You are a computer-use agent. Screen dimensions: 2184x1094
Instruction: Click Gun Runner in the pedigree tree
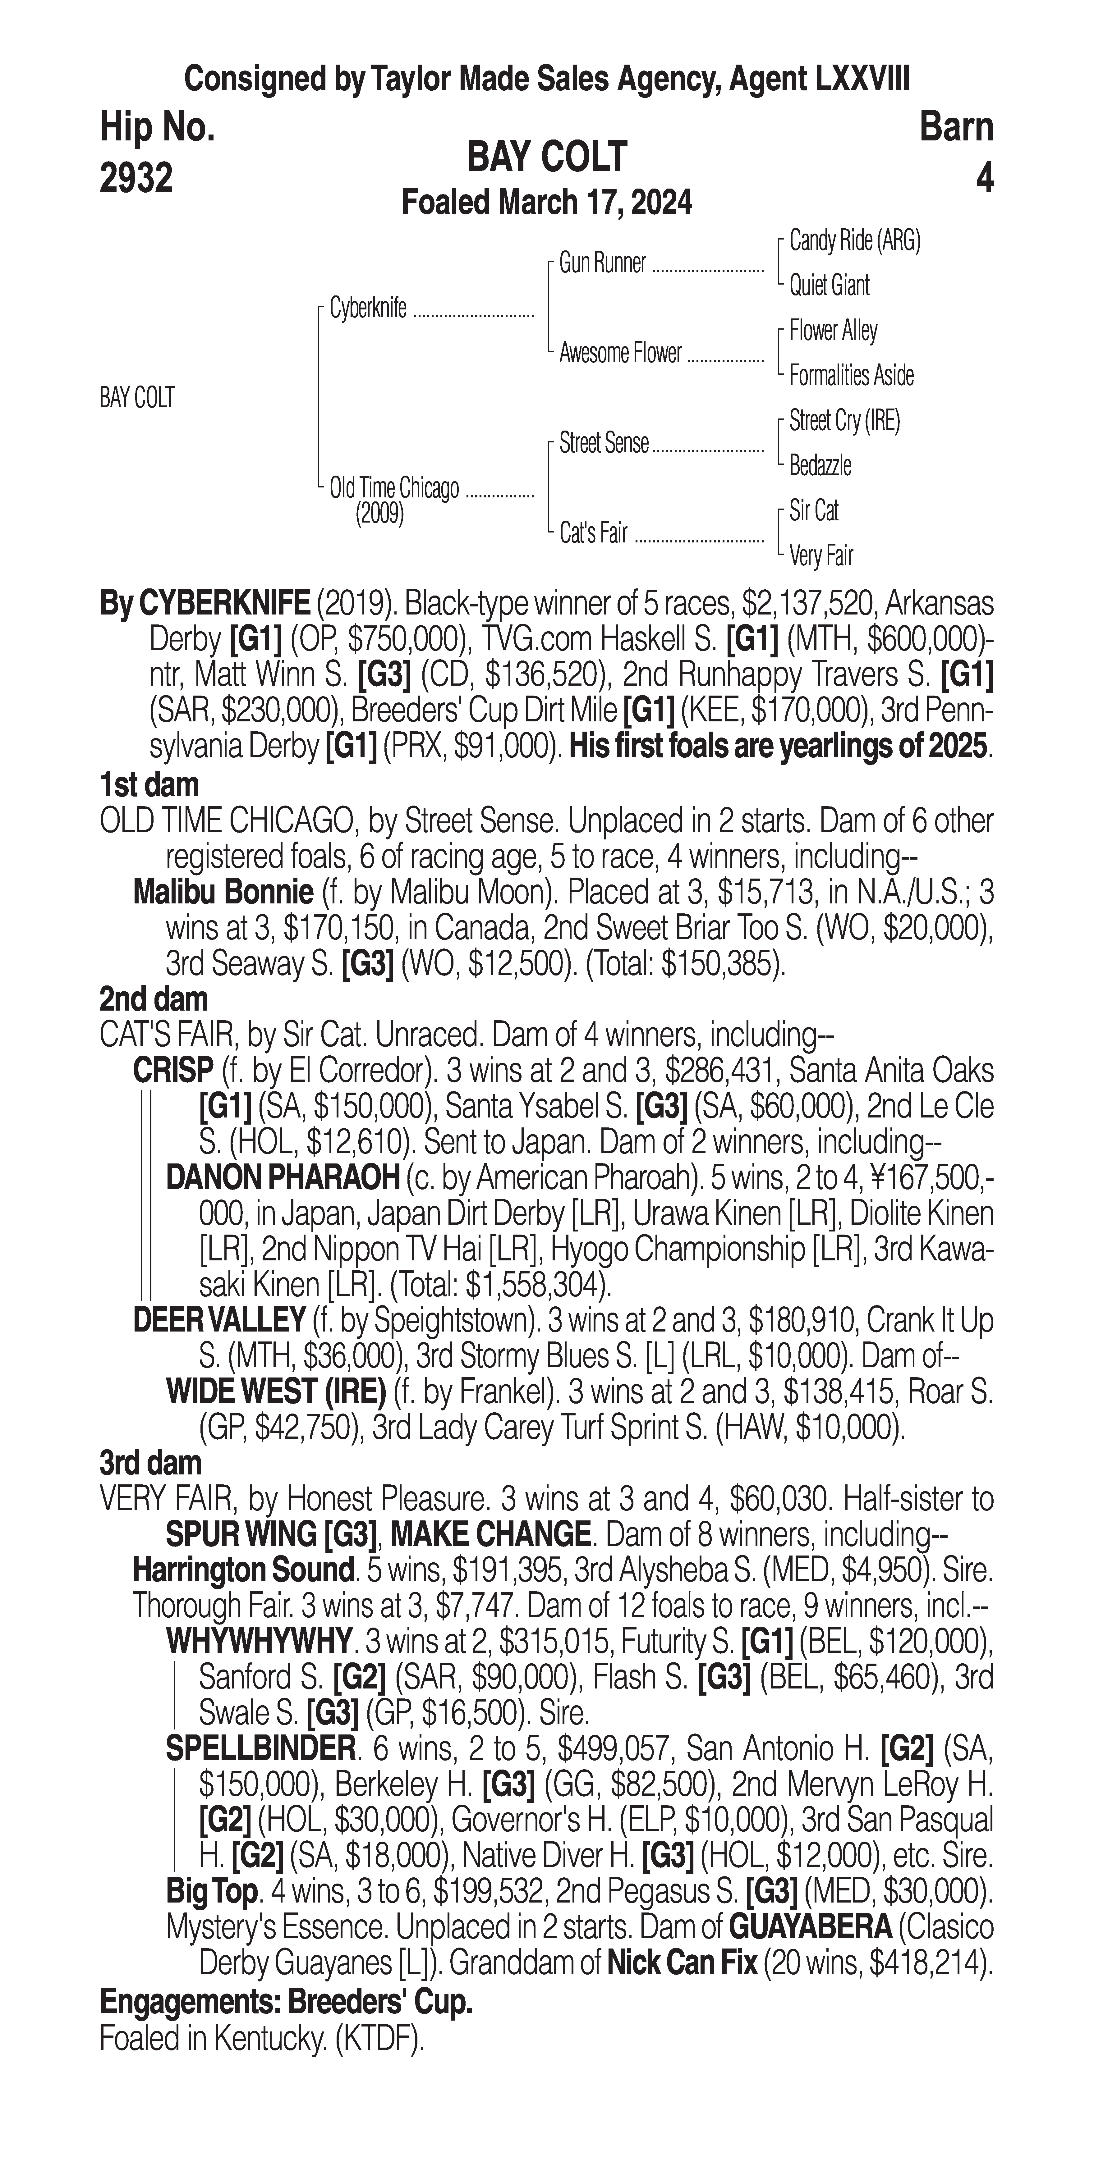(602, 264)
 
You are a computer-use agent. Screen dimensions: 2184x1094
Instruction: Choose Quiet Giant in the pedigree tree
(829, 286)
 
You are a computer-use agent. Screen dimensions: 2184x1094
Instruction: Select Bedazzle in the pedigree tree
(819, 465)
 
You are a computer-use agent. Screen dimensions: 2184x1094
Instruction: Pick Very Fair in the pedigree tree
(820, 556)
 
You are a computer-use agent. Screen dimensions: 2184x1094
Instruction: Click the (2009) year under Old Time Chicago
(379, 514)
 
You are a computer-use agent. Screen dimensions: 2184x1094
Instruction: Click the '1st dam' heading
(149, 784)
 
